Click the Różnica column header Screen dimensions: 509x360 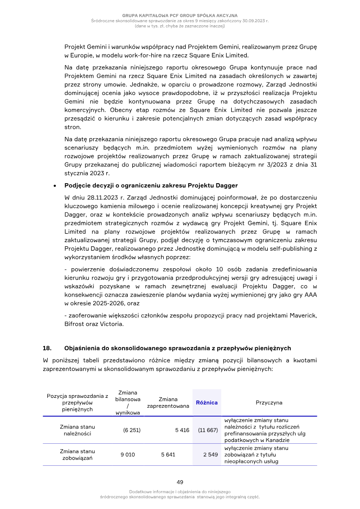coord(207,403)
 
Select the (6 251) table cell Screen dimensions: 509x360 coord(132,430)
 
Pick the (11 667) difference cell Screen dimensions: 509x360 coord(208,430)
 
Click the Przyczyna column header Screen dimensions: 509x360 coord(269,403)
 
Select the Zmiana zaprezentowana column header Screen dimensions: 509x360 coord(168,403)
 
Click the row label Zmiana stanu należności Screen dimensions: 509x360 coord(77,430)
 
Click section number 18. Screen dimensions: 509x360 coord(47,348)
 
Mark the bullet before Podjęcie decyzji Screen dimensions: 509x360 coord(54,185)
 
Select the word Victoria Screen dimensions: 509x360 coord(112,324)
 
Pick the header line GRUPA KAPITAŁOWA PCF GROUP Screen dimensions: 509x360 coord(180,16)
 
